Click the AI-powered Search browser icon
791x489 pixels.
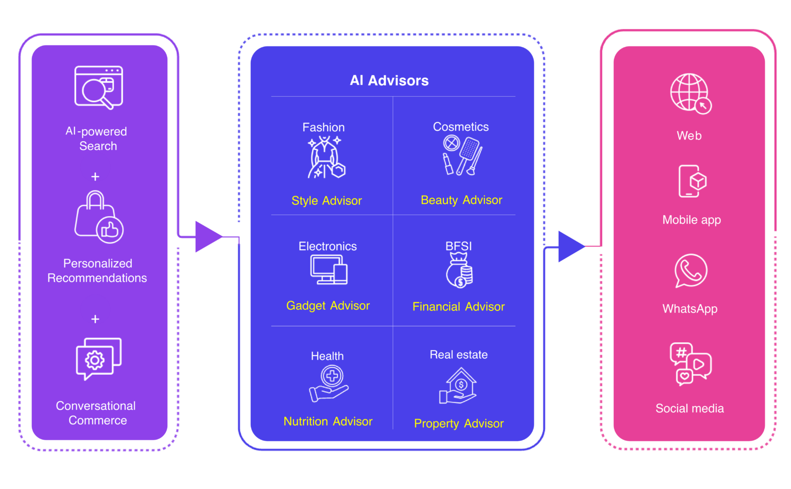tap(98, 87)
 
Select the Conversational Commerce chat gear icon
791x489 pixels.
tap(98, 359)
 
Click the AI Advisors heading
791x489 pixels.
tap(389, 81)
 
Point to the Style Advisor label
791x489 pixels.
tap(326, 201)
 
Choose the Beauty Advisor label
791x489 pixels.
tap(461, 200)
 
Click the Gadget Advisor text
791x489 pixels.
tap(328, 306)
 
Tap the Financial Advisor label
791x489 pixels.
tap(458, 307)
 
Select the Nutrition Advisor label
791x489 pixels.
tap(328, 422)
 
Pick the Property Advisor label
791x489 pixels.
tap(458, 424)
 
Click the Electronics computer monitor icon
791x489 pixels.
tap(329, 270)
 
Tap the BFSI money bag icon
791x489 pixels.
tap(459, 271)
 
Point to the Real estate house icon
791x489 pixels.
tap(458, 386)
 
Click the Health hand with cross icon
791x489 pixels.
tap(329, 384)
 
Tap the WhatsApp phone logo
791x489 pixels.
tap(691, 271)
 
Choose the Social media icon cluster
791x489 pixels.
tap(690, 364)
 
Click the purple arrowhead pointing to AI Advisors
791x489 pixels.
tap(208, 237)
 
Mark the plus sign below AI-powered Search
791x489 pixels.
tap(95, 177)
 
